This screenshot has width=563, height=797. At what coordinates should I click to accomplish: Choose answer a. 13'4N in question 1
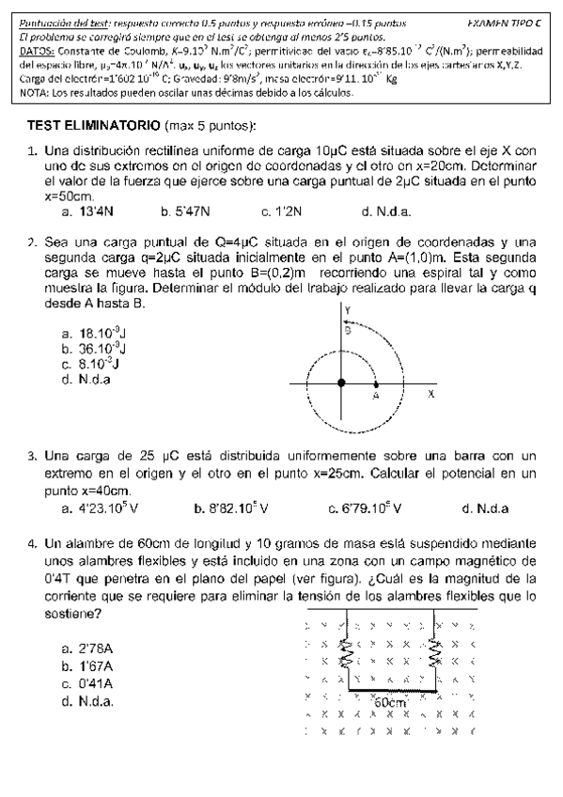point(86,212)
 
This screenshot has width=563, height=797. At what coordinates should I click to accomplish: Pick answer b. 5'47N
point(185,212)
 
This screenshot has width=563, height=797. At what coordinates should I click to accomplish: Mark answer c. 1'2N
point(279,212)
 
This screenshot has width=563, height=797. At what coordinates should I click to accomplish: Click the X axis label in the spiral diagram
point(431,395)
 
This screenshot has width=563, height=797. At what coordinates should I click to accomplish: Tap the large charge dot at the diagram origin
point(340,383)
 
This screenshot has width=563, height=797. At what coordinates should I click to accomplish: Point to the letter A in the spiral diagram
point(374,397)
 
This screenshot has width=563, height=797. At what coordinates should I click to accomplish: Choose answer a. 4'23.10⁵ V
point(99,509)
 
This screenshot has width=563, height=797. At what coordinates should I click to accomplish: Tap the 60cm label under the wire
point(389,703)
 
